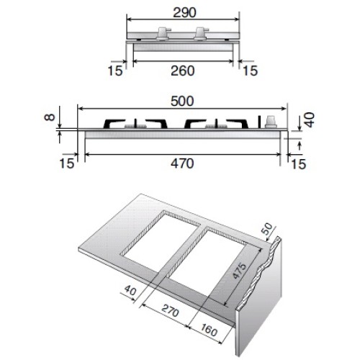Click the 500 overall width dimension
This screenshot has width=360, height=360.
(182, 104)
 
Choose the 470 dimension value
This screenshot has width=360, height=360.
(182, 163)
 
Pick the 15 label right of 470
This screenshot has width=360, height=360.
(297, 164)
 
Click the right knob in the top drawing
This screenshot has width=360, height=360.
(199, 33)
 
